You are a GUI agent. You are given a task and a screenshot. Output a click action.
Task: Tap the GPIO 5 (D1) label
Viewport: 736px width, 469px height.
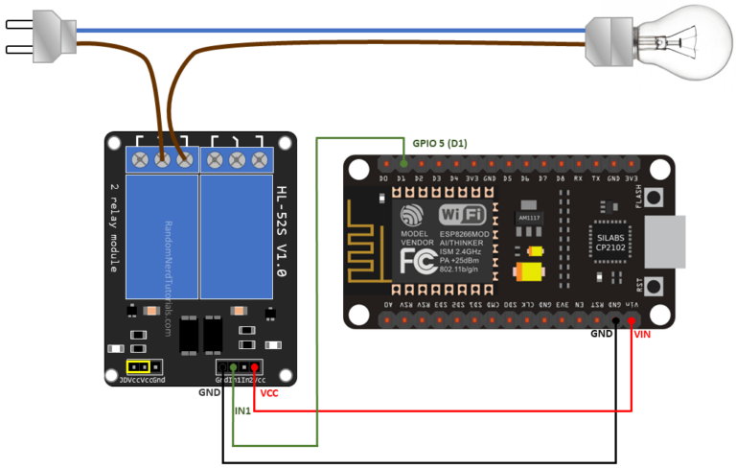[x=440, y=142]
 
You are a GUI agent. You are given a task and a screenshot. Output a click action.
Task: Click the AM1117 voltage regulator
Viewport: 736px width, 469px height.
[x=528, y=217]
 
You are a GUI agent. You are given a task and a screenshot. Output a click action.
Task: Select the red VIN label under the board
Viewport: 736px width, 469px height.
[x=643, y=335]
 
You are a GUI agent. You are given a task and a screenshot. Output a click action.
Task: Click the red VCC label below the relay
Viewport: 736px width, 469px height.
[x=269, y=393]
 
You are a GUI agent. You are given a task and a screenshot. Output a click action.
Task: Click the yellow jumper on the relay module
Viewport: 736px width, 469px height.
[x=140, y=366]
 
